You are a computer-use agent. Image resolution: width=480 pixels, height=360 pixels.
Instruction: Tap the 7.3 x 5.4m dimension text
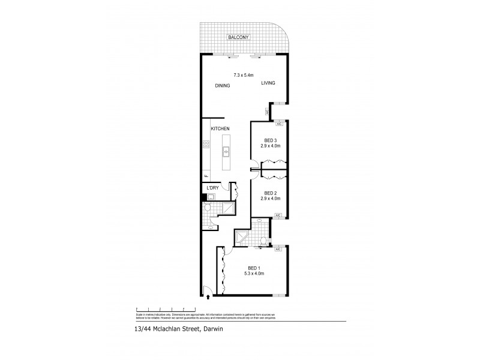(x=244, y=75)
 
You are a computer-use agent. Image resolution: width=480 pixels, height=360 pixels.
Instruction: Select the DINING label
(x=223, y=86)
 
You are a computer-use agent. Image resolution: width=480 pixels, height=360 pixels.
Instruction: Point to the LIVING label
(x=268, y=83)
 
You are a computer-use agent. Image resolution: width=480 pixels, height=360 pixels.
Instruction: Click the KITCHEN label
(x=220, y=129)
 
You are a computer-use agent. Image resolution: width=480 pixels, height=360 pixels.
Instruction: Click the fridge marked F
(x=206, y=175)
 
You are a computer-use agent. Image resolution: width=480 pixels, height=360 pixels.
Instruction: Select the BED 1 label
(x=254, y=268)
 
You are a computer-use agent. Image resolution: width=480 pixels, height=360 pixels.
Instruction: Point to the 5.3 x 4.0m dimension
(x=254, y=274)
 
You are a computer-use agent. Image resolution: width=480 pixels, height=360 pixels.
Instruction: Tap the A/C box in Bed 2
(x=278, y=215)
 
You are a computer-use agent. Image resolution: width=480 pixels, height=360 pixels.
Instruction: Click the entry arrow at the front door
(x=208, y=296)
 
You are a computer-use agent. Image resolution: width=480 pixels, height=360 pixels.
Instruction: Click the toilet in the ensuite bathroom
(x=264, y=241)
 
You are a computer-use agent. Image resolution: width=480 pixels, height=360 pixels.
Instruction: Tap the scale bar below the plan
(x=158, y=309)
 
